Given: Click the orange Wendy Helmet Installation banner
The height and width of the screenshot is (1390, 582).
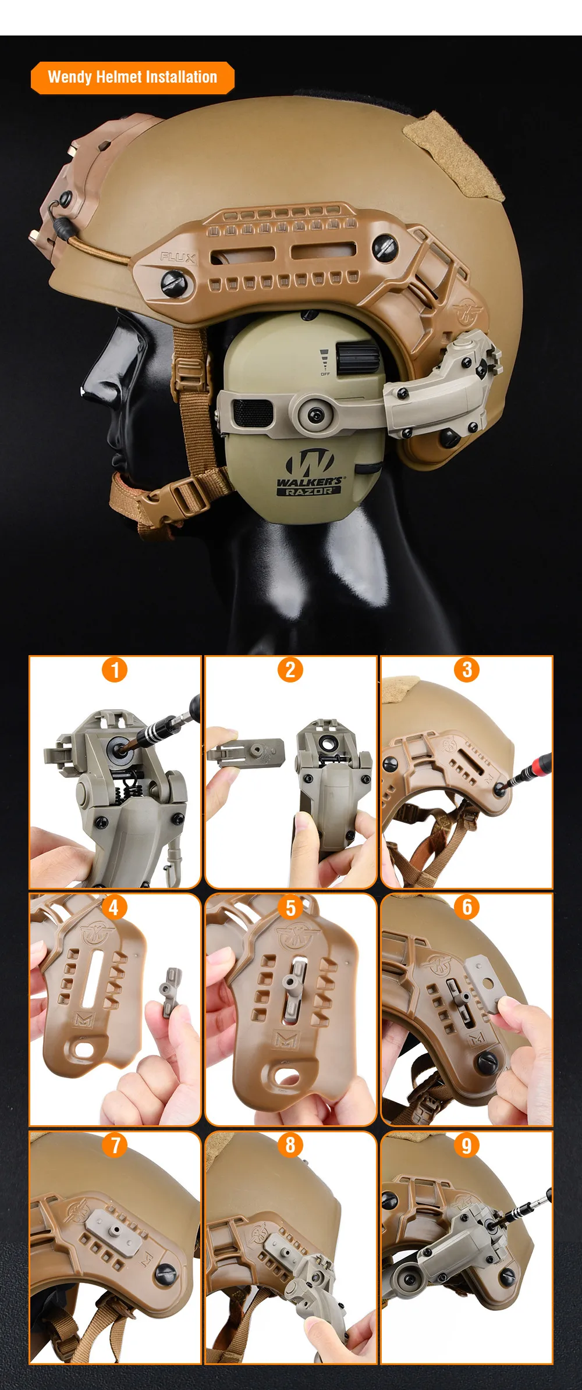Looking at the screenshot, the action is [133, 77].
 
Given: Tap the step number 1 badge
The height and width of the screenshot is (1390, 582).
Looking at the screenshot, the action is [115, 669].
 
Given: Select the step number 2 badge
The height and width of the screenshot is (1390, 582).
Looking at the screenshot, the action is [290, 669].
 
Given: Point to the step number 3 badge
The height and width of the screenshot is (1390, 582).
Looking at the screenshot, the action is [467, 669].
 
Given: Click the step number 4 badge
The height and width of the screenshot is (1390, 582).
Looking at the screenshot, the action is [114, 907].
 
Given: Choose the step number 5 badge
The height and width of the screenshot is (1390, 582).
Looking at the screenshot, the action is [290, 907].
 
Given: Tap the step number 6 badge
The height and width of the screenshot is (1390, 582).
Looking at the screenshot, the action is [467, 907].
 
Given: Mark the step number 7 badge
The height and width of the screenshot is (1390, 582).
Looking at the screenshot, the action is [115, 1145].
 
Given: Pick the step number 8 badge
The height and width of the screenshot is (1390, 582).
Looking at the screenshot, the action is [290, 1145].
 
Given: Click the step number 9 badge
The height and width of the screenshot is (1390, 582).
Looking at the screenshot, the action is [467, 1145].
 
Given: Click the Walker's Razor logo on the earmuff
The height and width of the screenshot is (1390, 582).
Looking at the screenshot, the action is [309, 472].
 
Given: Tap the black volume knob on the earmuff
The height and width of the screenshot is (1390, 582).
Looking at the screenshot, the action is [356, 358].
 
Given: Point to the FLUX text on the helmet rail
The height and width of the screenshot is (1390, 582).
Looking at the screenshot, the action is [178, 257].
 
